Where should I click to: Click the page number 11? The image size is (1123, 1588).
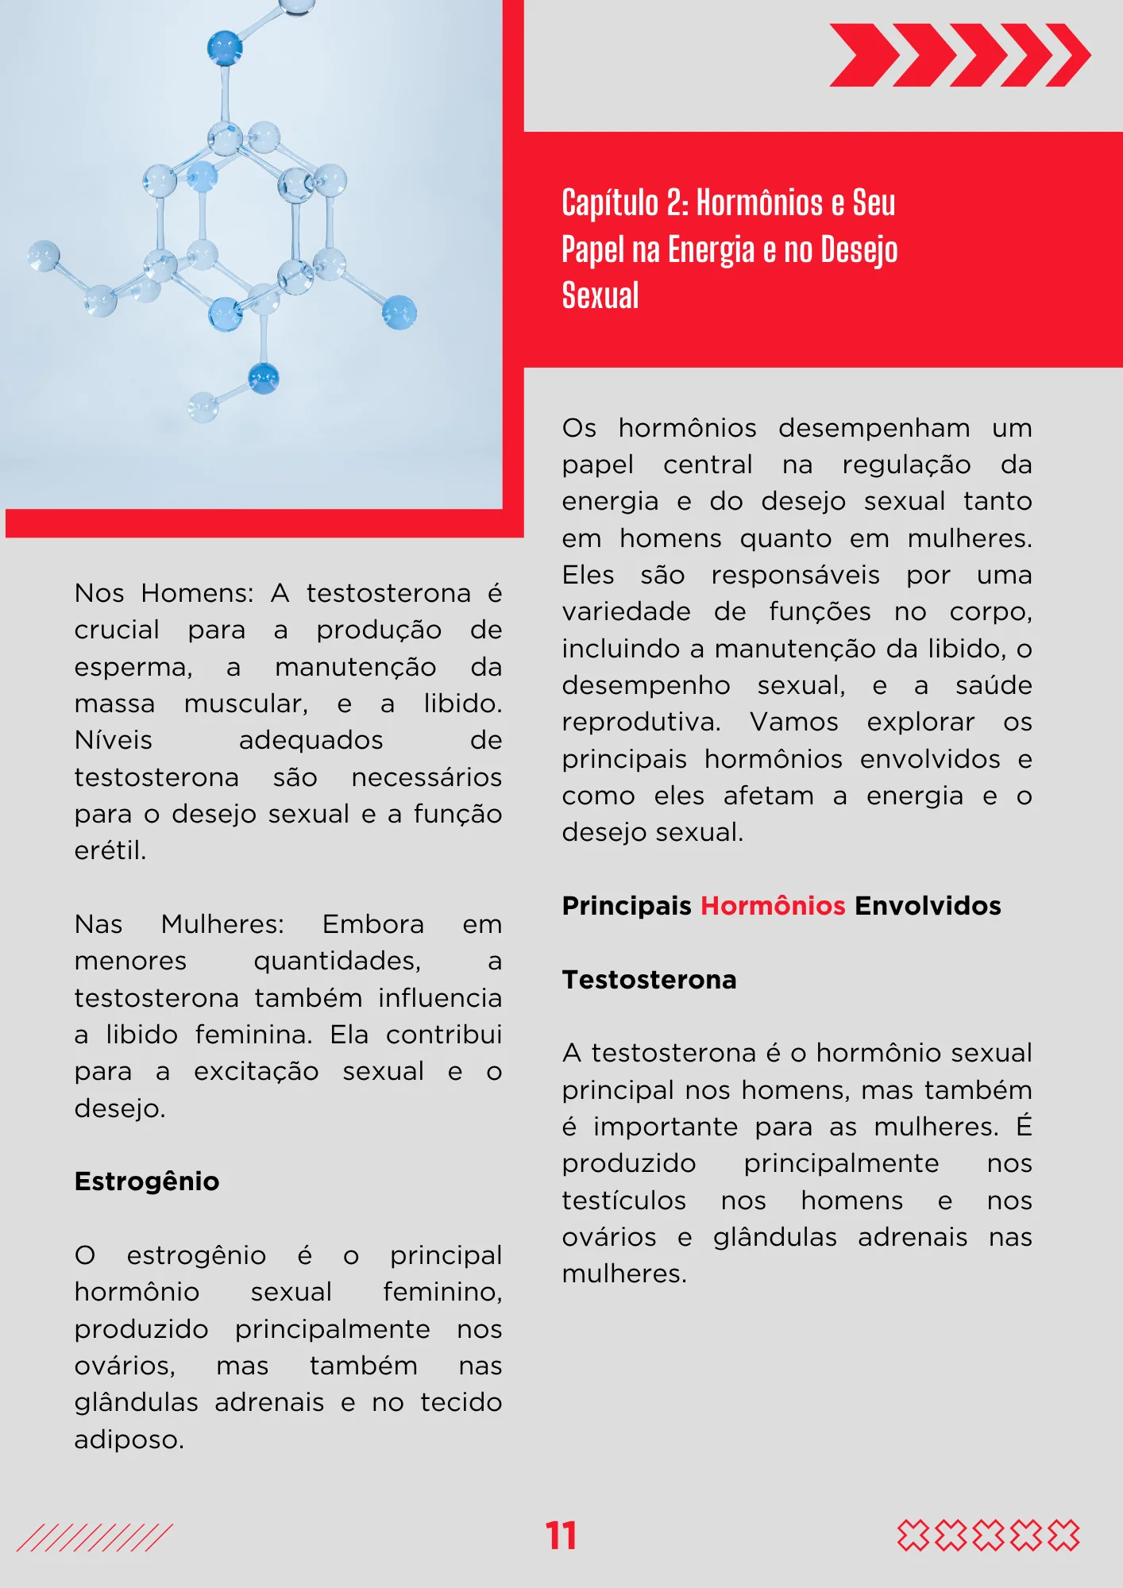[x=561, y=1536]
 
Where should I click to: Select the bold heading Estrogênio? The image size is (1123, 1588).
[x=147, y=1181]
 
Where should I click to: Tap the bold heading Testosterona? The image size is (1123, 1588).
[x=649, y=980]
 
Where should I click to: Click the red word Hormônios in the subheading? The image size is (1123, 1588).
[x=772, y=906]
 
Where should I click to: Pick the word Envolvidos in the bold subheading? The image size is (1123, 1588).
[x=928, y=906]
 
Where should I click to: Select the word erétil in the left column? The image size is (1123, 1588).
[x=110, y=850]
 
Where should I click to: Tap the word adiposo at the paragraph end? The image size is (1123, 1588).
[x=129, y=1440]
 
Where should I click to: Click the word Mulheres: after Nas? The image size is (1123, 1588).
[x=222, y=924]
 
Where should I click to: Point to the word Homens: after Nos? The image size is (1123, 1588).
[x=197, y=593]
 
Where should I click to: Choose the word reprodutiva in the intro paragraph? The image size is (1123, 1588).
[x=641, y=722]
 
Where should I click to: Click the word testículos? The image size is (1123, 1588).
[x=623, y=1201]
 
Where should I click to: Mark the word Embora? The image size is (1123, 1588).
[x=372, y=924]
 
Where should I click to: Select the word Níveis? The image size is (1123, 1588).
[x=113, y=740]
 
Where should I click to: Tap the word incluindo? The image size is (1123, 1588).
[x=617, y=649]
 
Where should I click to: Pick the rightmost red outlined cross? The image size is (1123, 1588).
[x=1063, y=1536]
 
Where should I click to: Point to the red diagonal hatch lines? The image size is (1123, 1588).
[x=94, y=1537]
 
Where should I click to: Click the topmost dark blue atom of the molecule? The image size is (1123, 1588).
[x=224, y=48]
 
